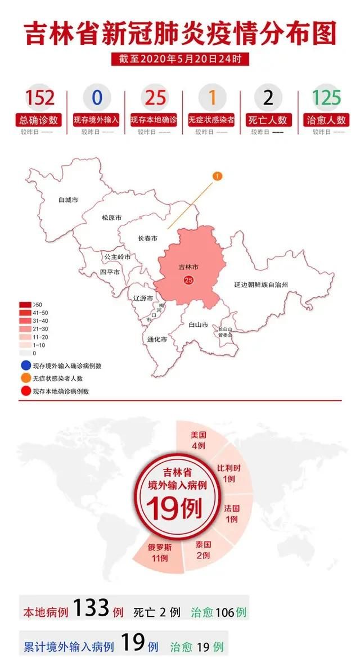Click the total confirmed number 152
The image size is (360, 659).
pyautogui.click(x=40, y=97)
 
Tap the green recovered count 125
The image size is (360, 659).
pyautogui.click(x=327, y=97)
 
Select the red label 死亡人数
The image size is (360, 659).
pyautogui.click(x=269, y=120)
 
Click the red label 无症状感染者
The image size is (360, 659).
pyautogui.click(x=211, y=120)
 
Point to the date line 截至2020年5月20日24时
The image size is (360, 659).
pyautogui.click(x=180, y=58)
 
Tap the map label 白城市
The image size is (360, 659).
pyautogui.click(x=68, y=199)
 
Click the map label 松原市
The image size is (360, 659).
pyautogui.click(x=111, y=218)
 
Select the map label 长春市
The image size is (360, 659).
pyautogui.click(x=147, y=238)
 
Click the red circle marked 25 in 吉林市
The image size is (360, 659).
pyautogui.click(x=188, y=280)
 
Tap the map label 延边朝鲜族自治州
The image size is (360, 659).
pyautogui.click(x=261, y=285)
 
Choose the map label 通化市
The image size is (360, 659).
pyautogui.click(x=156, y=339)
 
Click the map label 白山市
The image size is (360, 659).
pyautogui.click(x=199, y=324)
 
